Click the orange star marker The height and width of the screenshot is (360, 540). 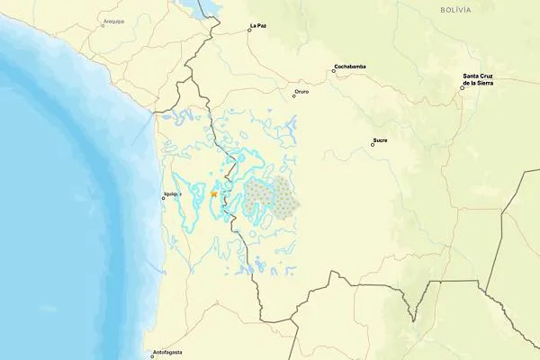213,193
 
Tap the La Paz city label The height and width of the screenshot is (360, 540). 257,25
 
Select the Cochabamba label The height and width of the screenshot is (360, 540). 349,66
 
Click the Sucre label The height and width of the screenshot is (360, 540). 379,139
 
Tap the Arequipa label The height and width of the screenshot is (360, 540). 112,18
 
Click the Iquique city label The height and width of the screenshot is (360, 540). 172,193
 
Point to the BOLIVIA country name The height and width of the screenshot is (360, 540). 455,9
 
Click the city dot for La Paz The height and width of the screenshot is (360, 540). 249,30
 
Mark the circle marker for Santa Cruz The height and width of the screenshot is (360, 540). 462,87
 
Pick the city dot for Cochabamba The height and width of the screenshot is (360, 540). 333,70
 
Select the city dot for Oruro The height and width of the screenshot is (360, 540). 292,94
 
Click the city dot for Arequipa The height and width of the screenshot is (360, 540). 102,24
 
